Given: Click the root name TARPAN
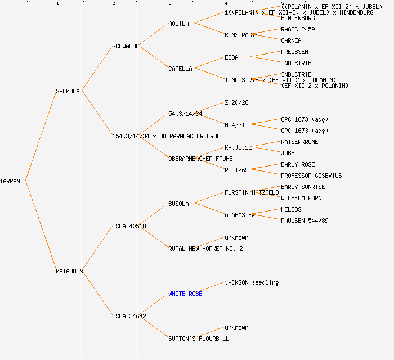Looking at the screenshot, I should point(10,181).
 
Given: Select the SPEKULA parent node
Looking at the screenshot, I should point(68,91).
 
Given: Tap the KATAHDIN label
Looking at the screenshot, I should point(69,271).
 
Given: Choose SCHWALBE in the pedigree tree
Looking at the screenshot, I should point(126,46).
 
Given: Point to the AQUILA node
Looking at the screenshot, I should point(179,24).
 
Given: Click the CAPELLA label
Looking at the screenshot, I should point(180,69).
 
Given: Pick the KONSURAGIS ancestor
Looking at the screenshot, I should point(241,35).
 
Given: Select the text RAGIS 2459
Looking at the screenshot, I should point(298,29).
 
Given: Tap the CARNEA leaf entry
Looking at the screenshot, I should point(291,40).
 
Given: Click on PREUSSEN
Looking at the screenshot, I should point(294,52).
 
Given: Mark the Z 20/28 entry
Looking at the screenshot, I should point(236,102).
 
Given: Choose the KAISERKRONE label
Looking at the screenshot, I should point(299,142).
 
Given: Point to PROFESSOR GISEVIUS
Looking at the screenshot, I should point(311,175).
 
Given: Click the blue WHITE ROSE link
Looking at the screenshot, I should point(185,294).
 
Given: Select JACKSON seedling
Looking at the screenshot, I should point(252,282).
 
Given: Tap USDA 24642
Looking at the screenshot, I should point(129,316).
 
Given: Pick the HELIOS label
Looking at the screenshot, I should point(291,209).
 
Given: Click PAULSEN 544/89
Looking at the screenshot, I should point(305,220).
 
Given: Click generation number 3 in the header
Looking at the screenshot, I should point(169,4).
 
